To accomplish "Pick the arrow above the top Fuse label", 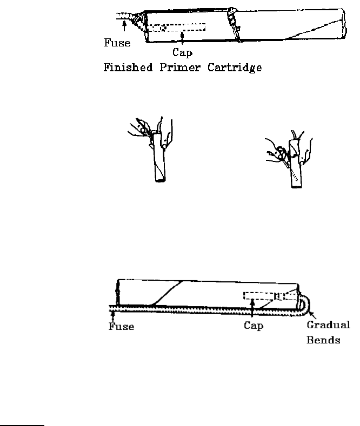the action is click(124, 25).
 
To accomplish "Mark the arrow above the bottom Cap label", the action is click(253, 307).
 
